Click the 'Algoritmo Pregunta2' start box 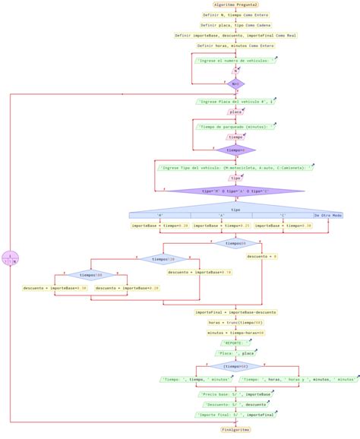click(235, 5)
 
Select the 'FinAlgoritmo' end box click(235, 429)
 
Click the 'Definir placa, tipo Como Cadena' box click(235, 24)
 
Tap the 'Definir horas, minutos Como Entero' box click(235, 45)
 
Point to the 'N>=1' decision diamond click(235, 84)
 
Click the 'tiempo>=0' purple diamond click(235, 150)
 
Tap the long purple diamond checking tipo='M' click(235, 191)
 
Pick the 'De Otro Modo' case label click(328, 216)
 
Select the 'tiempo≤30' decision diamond click(235, 243)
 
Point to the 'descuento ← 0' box click(262, 257)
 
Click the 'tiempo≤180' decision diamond click(90, 275)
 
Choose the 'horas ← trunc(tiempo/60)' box click(235, 322)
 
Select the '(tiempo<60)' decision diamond click(235, 365)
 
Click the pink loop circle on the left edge click(10, 258)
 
